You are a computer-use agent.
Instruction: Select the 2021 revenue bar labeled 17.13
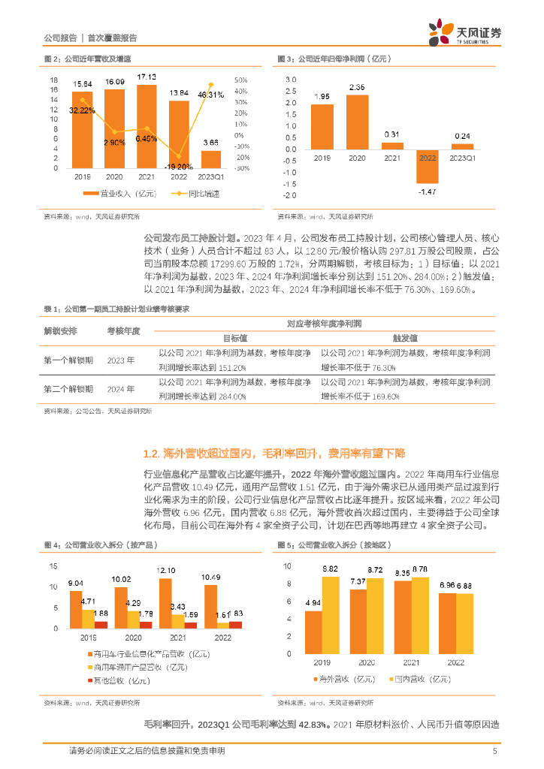pyautogui.click(x=147, y=128)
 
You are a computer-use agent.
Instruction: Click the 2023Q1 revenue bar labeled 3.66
pyautogui.click(x=211, y=159)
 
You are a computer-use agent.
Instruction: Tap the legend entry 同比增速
pyautogui.click(x=194, y=194)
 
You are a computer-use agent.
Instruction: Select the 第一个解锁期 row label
pyautogui.click(x=68, y=360)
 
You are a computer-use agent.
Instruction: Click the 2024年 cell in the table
pyautogui.click(x=121, y=389)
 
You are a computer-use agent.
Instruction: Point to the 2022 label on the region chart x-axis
pyautogui.click(x=456, y=663)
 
